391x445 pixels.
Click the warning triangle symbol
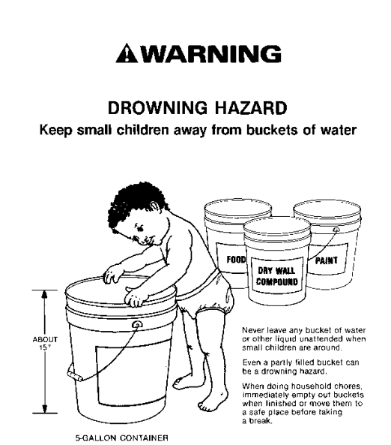(127, 53)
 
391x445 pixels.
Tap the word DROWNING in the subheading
(157, 108)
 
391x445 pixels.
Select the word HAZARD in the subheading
(251, 108)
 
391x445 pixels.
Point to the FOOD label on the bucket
(236, 260)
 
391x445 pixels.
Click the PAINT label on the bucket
(327, 260)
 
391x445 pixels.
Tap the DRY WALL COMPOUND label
(277, 276)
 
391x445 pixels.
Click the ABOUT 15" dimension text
(45, 343)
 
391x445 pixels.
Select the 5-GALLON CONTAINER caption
(121, 437)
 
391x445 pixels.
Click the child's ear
(155, 207)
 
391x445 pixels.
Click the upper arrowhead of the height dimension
(44, 295)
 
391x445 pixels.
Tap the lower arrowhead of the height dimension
(44, 409)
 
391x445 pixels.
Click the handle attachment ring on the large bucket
(138, 324)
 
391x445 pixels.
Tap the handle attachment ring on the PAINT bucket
(336, 230)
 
